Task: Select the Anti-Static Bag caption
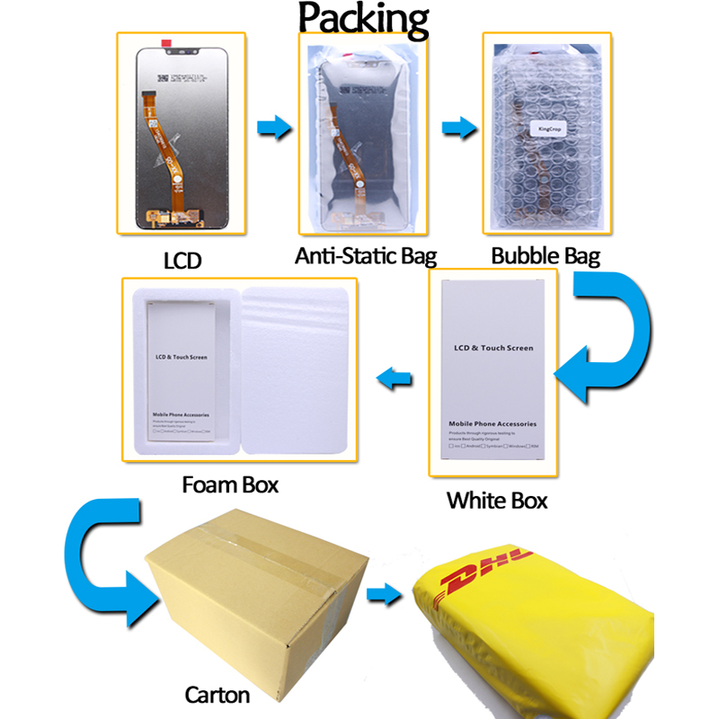pyautogui.click(x=366, y=256)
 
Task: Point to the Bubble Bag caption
pyautogui.click(x=546, y=255)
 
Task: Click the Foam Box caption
pyautogui.click(x=230, y=485)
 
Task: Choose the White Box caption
pyautogui.click(x=497, y=500)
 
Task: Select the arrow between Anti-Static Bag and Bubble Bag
pyautogui.click(x=458, y=126)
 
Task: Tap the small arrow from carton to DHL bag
pyautogui.click(x=386, y=593)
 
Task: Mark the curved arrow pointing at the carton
pyautogui.click(x=100, y=566)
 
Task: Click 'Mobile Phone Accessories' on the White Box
pyautogui.click(x=493, y=422)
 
